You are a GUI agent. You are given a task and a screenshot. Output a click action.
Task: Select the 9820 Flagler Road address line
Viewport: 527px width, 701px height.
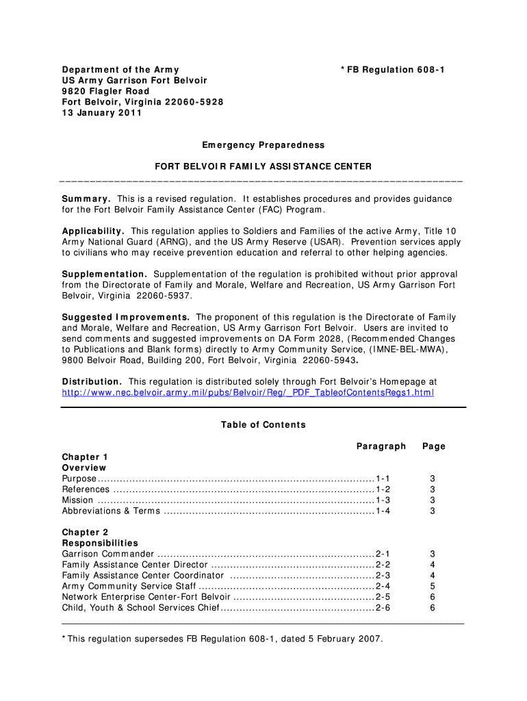(105, 91)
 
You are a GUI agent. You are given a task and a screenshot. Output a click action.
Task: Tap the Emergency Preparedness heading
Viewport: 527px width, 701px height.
(263, 145)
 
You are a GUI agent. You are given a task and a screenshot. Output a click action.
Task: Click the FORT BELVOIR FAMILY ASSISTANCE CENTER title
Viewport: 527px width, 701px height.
(263, 166)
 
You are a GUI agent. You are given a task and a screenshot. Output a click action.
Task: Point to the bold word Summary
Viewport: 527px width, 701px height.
(87, 199)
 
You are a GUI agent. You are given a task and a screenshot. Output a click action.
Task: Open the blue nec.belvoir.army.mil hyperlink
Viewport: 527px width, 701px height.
(248, 392)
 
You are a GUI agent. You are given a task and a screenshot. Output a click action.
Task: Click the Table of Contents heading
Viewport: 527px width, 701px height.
(263, 425)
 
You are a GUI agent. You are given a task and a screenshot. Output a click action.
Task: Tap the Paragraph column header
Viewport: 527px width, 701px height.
(381, 446)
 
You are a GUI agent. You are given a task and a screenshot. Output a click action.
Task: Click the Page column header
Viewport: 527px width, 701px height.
(434, 446)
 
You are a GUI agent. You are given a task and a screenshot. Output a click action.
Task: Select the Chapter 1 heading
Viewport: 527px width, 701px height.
(85, 457)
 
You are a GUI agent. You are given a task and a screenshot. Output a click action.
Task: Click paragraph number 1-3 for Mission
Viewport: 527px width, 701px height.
(383, 500)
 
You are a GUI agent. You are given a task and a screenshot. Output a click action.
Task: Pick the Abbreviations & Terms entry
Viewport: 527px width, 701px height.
(111, 511)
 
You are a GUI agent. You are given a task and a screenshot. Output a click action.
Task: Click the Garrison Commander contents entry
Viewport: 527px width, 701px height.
(108, 554)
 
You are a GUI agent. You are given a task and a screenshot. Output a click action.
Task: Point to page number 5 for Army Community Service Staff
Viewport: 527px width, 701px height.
(433, 586)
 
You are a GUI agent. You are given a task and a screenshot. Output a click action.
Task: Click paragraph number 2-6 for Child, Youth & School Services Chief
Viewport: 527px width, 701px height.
(383, 607)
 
